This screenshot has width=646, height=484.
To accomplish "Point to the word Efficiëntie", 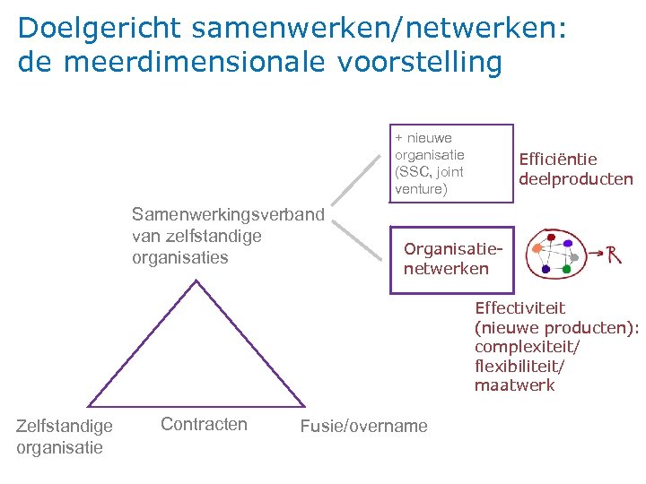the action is pos(558,159).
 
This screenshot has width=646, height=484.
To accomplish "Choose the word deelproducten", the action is pos(575,178).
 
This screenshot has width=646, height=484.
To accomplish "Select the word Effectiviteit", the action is pos(520,308).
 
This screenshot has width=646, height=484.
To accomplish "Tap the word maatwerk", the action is pos(515,385).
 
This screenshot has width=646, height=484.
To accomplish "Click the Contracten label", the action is pos(204,424).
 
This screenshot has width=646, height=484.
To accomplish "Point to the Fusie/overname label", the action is pos(364,426).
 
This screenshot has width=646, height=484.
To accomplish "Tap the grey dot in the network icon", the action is pos(575,257).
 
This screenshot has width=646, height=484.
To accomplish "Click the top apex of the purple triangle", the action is pos(196,281).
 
